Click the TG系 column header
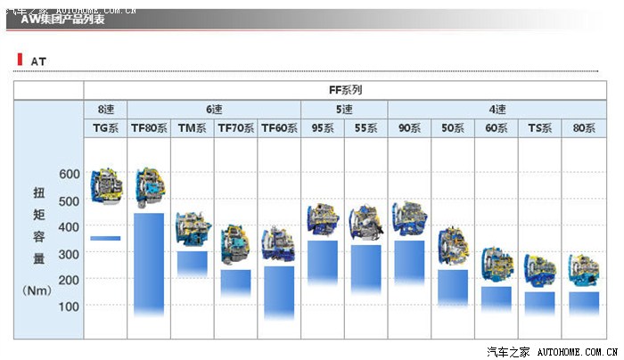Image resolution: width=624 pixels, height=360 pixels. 105,128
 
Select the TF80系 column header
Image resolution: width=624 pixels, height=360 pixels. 149,128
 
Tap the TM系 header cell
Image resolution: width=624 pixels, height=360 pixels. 192,128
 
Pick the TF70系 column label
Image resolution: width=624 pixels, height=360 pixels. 235,128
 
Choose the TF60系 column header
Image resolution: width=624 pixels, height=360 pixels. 279,128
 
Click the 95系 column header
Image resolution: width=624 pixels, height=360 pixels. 323,128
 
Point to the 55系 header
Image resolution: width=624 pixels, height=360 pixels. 365,128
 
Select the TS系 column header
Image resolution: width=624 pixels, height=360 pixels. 540,128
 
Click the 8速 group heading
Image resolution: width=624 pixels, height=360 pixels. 105,110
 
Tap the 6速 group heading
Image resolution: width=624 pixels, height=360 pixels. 214,110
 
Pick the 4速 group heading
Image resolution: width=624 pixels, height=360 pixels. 497,110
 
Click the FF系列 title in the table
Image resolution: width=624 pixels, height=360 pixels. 344,90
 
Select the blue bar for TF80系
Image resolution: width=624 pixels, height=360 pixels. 149,263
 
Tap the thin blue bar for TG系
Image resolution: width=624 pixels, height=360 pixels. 105,238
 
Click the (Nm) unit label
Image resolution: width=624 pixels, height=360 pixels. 39,290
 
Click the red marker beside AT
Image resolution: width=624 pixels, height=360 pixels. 19,60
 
